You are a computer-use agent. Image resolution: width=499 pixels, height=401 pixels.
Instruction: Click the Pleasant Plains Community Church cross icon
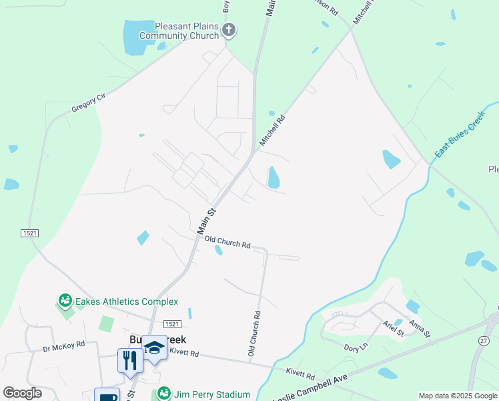pyautogui.click(x=229, y=29)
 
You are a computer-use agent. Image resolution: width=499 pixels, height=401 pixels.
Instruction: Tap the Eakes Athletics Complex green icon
pyautogui.click(x=65, y=301)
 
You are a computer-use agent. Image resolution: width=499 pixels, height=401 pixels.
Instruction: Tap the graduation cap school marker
pyautogui.click(x=154, y=347)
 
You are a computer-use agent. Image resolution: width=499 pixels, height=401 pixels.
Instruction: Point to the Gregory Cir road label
pyautogui.click(x=89, y=105)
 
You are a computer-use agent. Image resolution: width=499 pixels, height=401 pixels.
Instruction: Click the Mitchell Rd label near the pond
pyautogui.click(x=272, y=130)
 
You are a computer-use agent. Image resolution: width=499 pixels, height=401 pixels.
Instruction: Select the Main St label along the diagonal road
pyautogui.click(x=207, y=221)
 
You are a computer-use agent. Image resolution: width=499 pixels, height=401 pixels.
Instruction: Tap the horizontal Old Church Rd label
pyautogui.click(x=227, y=241)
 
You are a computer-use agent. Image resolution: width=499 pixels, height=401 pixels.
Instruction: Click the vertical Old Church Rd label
pyautogui.click(x=253, y=332)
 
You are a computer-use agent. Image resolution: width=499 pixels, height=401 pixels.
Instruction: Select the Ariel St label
pyautogui.click(x=394, y=327)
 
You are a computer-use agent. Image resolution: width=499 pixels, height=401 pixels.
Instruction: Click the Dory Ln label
pyautogui.click(x=356, y=347)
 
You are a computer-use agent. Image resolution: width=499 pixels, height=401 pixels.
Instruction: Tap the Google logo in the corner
pyautogui.click(x=22, y=392)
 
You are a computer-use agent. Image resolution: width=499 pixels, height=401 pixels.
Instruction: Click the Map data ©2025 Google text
pyautogui.click(x=458, y=396)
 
